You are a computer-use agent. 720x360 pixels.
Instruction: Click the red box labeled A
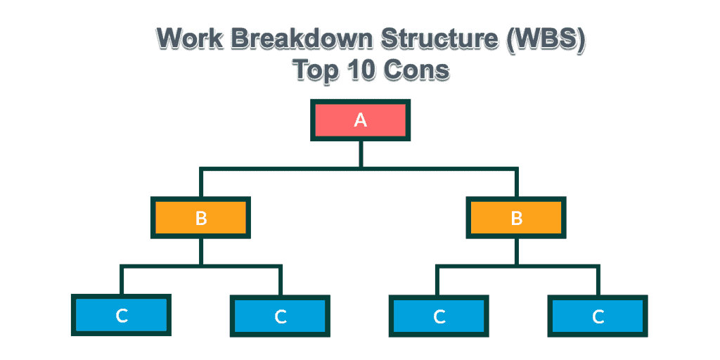click(x=361, y=120)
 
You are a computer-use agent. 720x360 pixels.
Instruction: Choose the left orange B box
click(x=200, y=218)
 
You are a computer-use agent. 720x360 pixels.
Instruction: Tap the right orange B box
click(x=516, y=218)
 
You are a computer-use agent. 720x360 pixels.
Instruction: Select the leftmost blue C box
click(x=121, y=316)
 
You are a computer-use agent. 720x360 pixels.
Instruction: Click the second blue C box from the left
click(x=280, y=316)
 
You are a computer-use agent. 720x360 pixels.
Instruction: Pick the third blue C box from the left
click(x=439, y=316)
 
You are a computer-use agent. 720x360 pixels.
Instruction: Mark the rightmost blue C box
click(x=598, y=316)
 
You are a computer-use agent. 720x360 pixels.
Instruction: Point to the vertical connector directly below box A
click(x=361, y=154)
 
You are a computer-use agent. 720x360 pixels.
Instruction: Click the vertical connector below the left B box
click(x=200, y=252)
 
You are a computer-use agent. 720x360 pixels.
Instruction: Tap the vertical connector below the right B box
click(x=516, y=252)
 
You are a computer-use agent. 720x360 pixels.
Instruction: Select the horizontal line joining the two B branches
click(x=359, y=169)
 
